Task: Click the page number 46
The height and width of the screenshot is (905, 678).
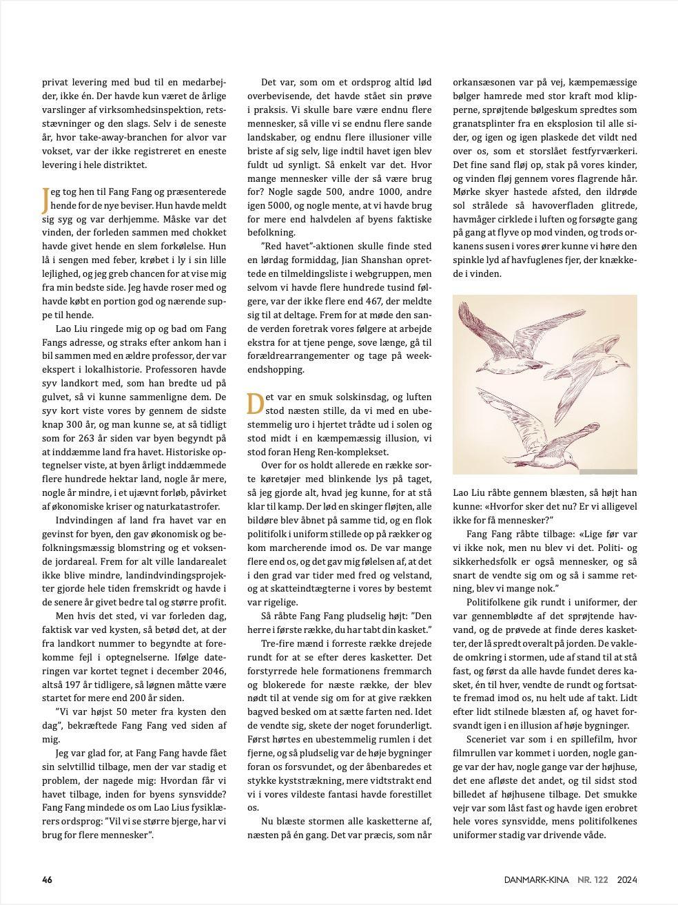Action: click(x=47, y=880)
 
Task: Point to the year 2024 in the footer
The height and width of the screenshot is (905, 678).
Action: click(x=627, y=880)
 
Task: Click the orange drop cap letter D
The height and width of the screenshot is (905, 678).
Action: click(x=255, y=404)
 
